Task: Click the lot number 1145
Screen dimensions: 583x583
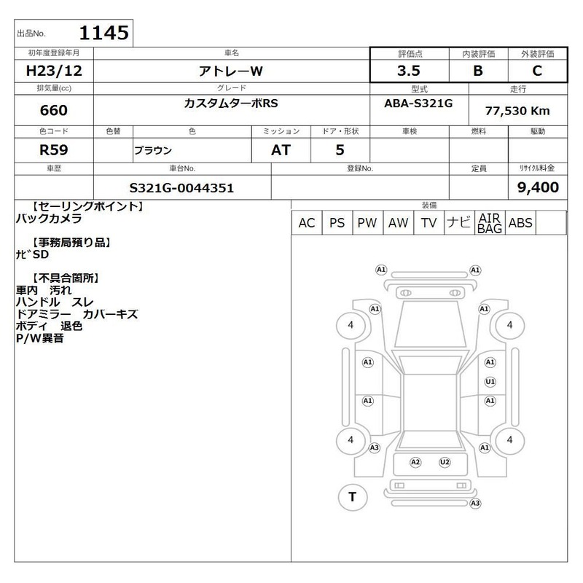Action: point(104,33)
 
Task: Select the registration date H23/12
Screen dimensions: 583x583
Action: point(54,71)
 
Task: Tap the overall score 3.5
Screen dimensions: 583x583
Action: point(409,71)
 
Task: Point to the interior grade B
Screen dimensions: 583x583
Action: point(478,71)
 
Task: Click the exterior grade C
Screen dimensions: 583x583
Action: point(537,71)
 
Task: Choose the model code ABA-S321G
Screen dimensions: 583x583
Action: point(418,103)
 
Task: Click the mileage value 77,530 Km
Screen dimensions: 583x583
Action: point(517,111)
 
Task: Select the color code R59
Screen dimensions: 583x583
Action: point(54,150)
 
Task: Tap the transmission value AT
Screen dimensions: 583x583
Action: point(281,150)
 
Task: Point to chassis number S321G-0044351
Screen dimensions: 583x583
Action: point(181,188)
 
